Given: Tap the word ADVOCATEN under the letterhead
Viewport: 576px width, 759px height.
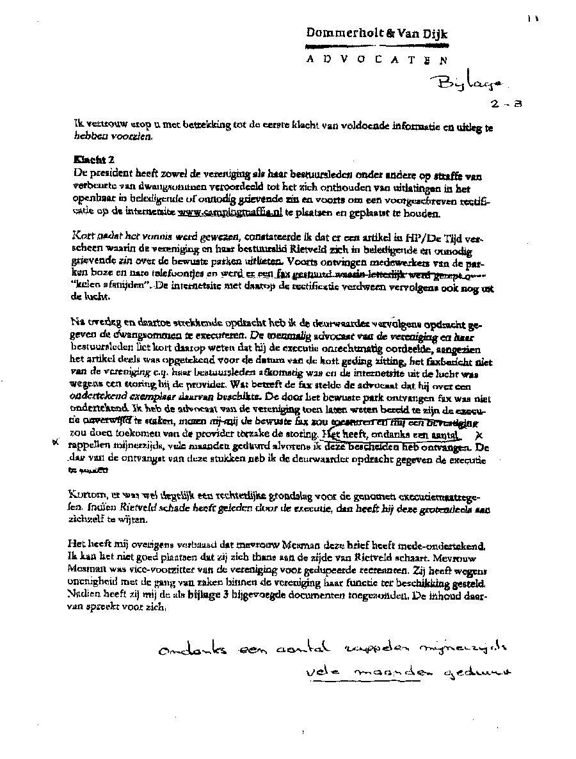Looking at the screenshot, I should [x=376, y=60].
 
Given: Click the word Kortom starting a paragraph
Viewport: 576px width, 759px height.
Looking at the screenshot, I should [x=85, y=495].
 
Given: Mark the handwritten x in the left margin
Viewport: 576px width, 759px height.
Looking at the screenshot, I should [x=56, y=443].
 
